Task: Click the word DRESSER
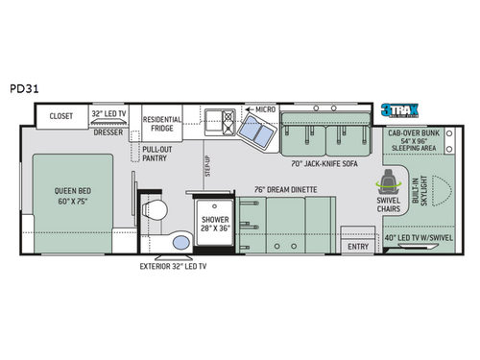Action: [x=108, y=134]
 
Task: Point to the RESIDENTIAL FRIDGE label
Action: [x=163, y=125]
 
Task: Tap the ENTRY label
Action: [x=358, y=247]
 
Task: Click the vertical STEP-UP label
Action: [x=209, y=163]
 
